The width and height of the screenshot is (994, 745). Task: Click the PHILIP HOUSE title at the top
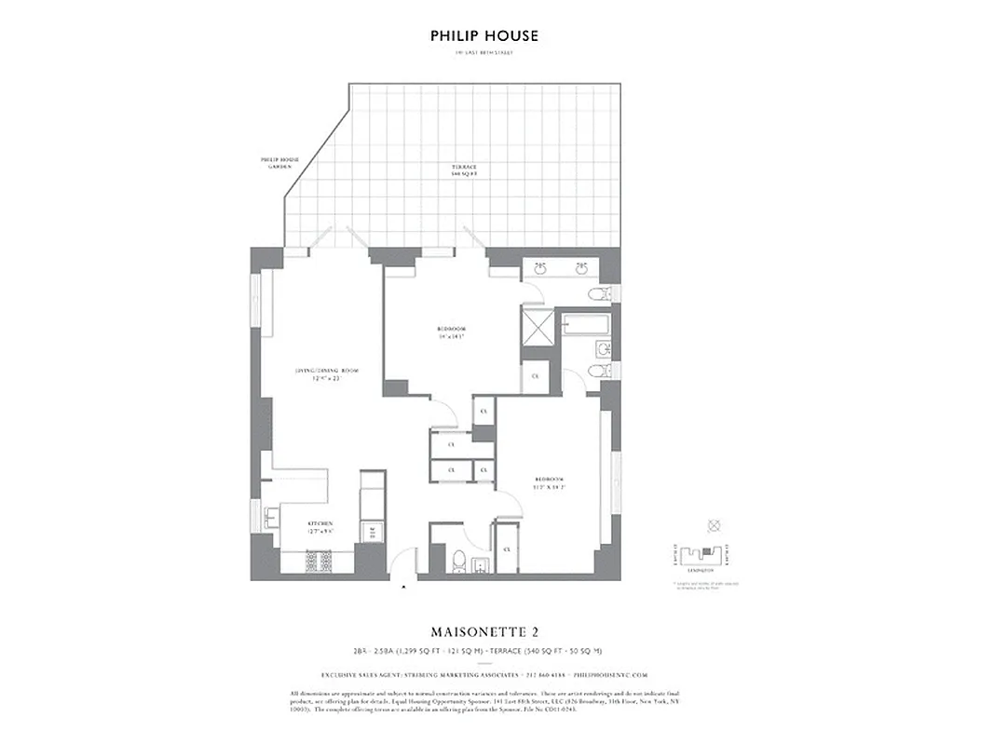pos(483,36)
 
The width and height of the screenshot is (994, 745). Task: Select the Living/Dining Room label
pos(326,374)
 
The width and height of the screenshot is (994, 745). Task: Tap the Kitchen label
pos(320,527)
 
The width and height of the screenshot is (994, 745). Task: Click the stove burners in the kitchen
pos(321,562)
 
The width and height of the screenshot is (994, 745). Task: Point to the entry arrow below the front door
pos(402,588)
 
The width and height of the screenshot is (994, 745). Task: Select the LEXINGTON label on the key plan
pos(701,568)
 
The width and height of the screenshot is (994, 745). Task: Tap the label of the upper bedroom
pos(451,332)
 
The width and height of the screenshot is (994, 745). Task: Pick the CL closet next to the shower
pos(535,375)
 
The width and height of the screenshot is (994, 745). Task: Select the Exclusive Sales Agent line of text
pos(483,674)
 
